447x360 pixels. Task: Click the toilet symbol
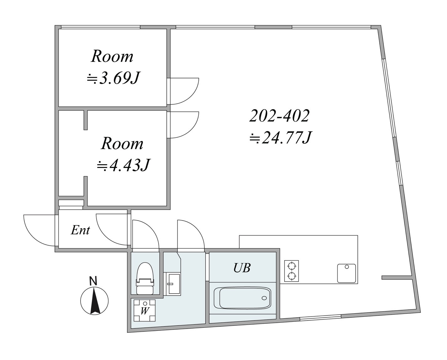coord(145,278)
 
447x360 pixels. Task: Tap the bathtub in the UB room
coord(242,298)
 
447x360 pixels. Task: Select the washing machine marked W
coord(145,310)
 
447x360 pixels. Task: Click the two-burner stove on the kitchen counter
coord(292,271)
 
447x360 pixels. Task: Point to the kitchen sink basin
coord(346,273)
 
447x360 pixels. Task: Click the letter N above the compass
coord(93,281)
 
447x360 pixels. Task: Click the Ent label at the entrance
coord(80,230)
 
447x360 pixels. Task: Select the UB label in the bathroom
coord(242,268)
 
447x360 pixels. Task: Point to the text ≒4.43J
coord(124,165)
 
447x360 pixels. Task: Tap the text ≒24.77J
coord(281,138)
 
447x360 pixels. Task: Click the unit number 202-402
coord(280,116)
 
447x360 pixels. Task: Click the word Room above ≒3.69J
coord(112,56)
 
